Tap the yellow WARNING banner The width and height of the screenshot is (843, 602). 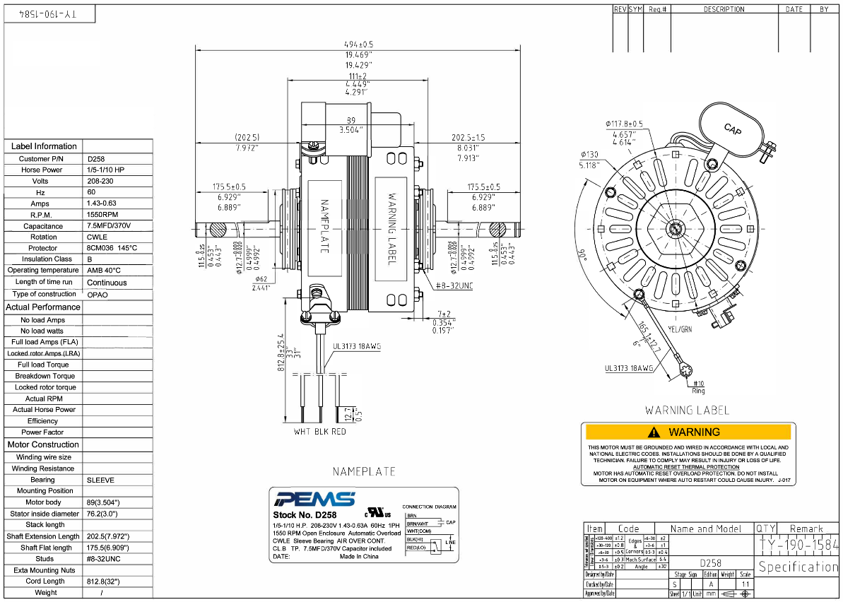(x=687, y=432)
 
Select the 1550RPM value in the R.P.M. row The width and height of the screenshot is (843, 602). (x=102, y=214)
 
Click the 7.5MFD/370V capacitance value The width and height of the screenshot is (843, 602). (x=109, y=226)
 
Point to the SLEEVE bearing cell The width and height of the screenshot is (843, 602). (x=100, y=480)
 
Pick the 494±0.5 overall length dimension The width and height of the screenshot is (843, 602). (x=360, y=45)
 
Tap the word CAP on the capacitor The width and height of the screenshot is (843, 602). (x=733, y=129)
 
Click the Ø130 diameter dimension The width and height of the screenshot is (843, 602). (x=589, y=155)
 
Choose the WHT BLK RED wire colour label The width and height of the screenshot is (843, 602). (x=320, y=431)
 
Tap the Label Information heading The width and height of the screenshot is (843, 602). (x=44, y=146)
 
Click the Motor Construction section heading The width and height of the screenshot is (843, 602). (x=43, y=444)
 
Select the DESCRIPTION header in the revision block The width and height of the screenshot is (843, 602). (x=724, y=9)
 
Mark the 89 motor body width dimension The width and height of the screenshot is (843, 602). (x=351, y=120)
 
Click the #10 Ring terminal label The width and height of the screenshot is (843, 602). (x=698, y=386)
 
